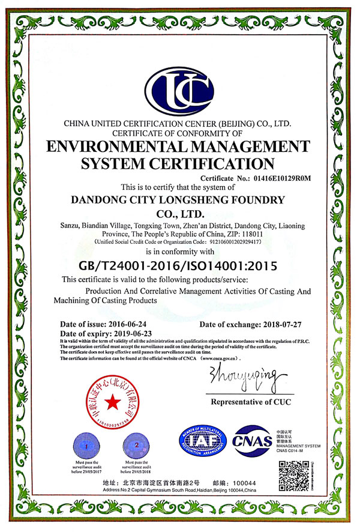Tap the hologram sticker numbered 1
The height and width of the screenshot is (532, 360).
(87, 446)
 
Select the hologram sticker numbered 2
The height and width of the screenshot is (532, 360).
(136, 446)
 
